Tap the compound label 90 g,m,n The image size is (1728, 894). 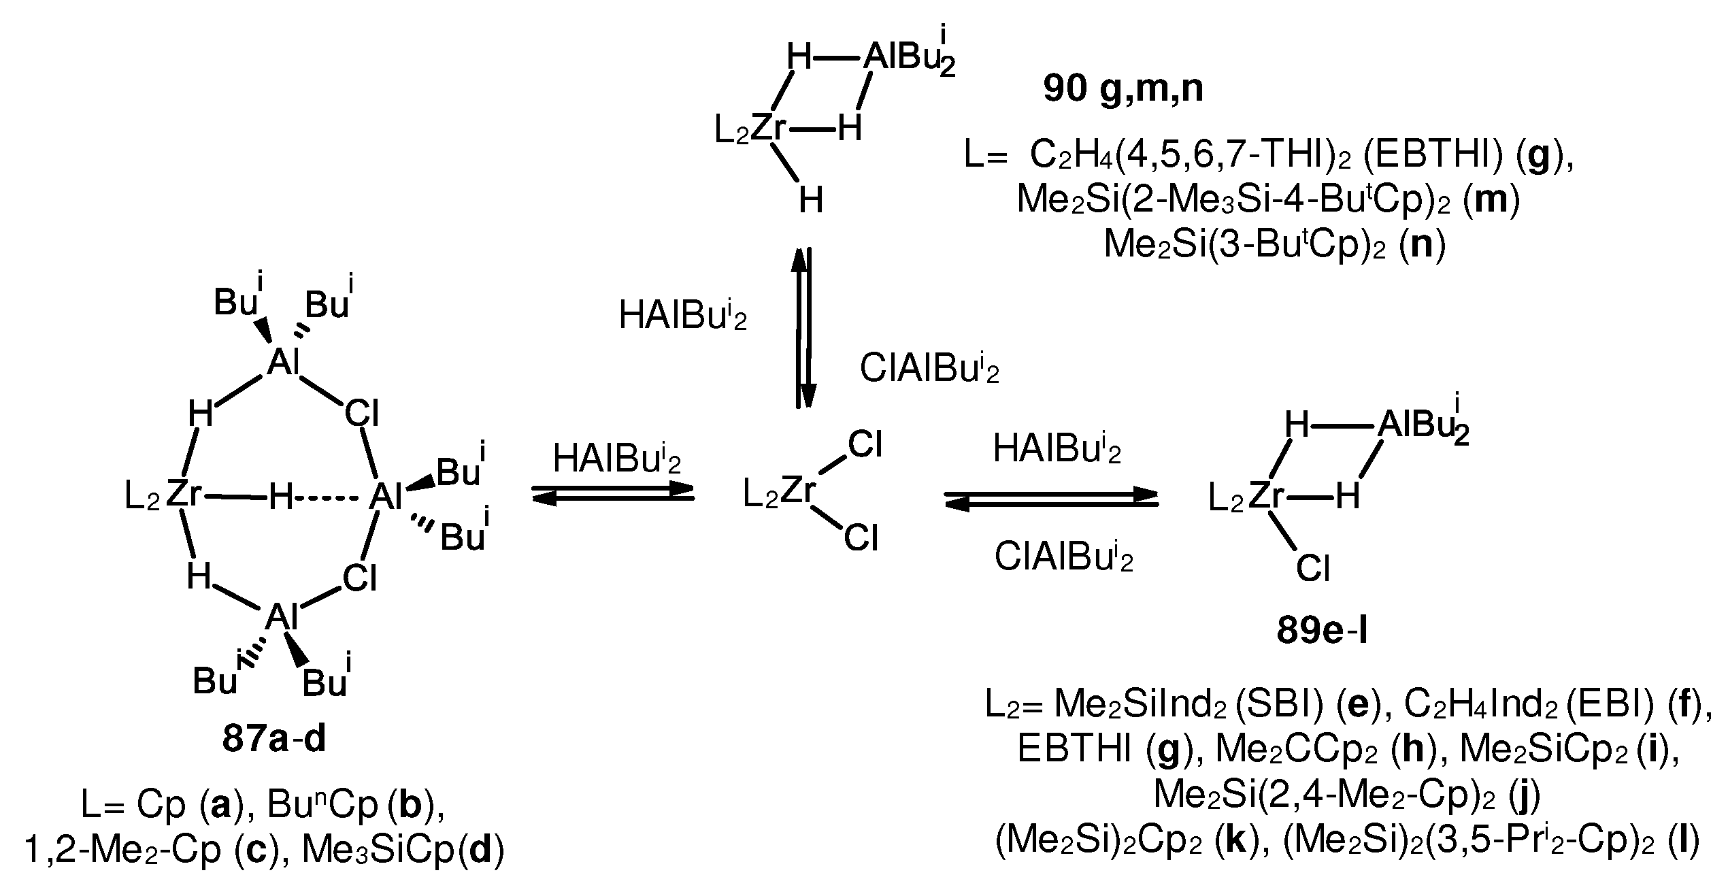tap(1123, 89)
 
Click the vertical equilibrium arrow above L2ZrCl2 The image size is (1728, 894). tap(803, 327)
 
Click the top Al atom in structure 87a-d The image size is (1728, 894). tap(283, 363)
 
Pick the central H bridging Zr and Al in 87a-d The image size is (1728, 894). tap(281, 498)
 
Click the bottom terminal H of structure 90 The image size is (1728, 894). tap(810, 201)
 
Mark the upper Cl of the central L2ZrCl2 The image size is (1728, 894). tap(865, 446)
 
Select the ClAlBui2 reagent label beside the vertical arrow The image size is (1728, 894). tap(929, 369)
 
